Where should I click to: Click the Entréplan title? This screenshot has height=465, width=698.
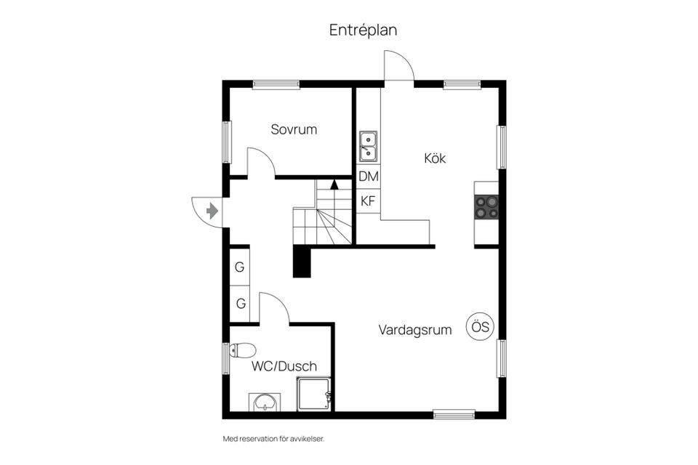coord(363,31)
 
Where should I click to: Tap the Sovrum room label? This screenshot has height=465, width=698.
coord(294,129)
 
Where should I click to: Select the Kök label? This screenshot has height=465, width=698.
coord(435,158)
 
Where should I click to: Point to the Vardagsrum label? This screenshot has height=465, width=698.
coord(415,330)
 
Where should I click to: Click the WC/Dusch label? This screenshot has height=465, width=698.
coord(284,366)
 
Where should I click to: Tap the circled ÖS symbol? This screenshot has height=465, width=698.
coord(480,327)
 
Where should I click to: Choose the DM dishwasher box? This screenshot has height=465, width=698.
coord(369,177)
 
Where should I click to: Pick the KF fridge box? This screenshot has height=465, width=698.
coord(368,201)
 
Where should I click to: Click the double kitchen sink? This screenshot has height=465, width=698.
coord(368,146)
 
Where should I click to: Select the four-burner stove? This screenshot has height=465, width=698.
coord(486,207)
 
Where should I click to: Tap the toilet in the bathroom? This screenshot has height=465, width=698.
coord(242,350)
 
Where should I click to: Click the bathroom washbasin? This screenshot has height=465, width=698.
coord(265,403)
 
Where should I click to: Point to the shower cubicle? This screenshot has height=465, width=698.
coord(314,394)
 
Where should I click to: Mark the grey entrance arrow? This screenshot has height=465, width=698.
coord(212,210)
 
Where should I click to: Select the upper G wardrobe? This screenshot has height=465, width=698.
coord(239,267)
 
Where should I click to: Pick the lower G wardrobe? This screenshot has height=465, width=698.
coord(241,304)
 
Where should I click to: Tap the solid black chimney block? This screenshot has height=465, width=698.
coord(301,262)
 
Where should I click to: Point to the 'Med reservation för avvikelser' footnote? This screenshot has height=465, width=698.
coord(273,439)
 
